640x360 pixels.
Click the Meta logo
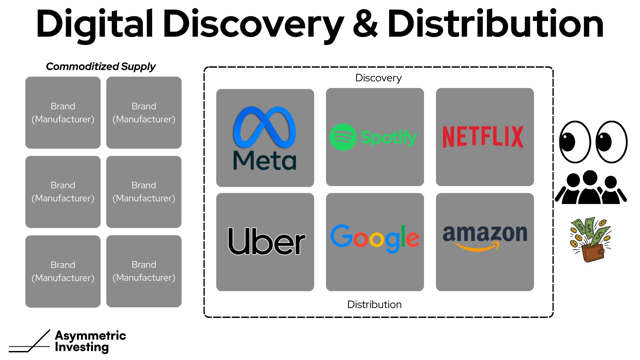(265, 138)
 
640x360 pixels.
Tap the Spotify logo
(374, 137)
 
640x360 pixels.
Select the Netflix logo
(483, 137)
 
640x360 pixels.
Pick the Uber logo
(266, 241)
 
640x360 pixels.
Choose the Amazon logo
(485, 237)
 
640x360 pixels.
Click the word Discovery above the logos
(378, 78)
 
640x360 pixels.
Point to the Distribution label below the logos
(374, 304)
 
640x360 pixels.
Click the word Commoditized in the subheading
(82, 67)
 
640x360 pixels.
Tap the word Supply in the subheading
(138, 67)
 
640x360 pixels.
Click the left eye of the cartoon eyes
(575, 142)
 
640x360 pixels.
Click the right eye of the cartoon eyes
(611, 142)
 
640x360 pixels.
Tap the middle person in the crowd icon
(590, 188)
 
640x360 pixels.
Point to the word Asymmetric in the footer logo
(90, 335)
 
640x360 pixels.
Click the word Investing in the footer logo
(82, 347)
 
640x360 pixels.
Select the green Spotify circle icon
(343, 137)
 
